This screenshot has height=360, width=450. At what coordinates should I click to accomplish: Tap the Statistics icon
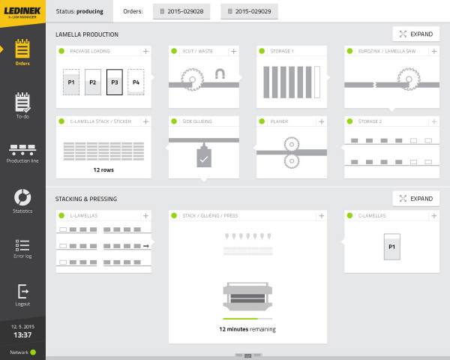[22, 196]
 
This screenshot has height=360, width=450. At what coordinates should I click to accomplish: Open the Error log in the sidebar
[22, 244]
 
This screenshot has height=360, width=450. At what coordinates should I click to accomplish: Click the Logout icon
[22, 291]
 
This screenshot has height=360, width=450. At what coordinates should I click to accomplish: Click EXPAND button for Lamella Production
[415, 34]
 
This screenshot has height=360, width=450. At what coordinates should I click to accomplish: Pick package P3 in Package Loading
[114, 82]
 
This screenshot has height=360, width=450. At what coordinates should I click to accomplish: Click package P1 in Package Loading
[71, 82]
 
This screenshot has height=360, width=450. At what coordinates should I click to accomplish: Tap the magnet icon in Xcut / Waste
[221, 73]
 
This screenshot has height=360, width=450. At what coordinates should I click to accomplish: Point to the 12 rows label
[103, 169]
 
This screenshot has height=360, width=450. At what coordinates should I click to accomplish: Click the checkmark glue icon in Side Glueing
[203, 157]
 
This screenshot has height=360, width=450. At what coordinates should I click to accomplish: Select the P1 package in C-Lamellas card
[390, 246]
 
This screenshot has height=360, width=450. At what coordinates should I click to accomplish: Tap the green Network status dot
[34, 352]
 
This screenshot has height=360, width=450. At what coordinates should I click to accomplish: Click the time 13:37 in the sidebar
[22, 335]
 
